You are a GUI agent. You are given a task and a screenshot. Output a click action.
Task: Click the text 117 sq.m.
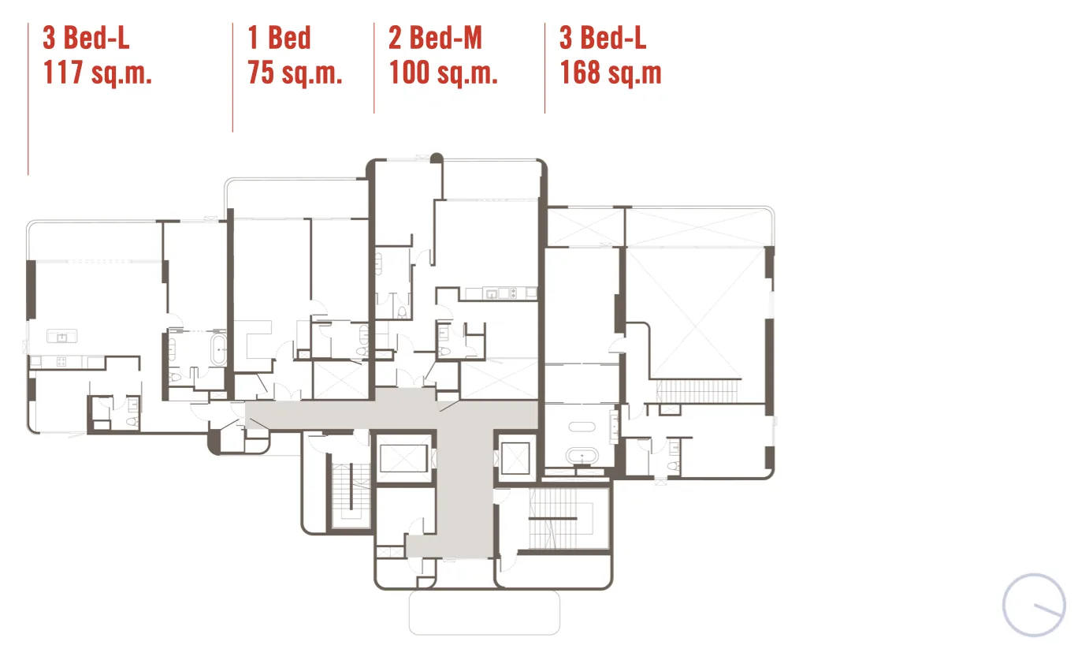coord(97,73)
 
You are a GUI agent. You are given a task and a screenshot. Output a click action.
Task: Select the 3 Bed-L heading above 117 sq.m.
coord(86,37)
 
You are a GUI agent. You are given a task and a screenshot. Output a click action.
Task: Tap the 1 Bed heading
coord(279,37)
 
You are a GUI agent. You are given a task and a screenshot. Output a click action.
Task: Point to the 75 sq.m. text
coord(295,73)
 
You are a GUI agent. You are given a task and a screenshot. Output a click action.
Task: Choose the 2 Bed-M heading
coord(435,37)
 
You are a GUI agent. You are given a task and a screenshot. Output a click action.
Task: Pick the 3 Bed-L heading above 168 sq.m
coord(603,37)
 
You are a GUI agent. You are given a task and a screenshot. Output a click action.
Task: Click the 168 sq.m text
coord(611,73)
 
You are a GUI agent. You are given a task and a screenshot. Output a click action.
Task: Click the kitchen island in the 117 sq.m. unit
coord(61,336)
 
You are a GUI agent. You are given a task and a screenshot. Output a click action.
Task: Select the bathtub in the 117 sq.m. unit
coord(219,349)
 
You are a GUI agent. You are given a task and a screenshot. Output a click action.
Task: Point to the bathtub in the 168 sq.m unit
coord(582,457)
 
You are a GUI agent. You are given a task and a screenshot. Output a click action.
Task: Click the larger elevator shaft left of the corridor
coord(403,458)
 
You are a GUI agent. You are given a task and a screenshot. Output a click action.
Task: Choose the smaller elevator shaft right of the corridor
coord(515,458)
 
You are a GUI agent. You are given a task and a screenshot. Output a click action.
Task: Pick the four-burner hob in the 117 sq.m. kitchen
coord(61,361)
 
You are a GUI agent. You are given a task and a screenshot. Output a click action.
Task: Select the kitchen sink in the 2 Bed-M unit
coord(492,293)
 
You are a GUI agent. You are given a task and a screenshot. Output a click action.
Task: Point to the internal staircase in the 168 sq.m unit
coord(697,391)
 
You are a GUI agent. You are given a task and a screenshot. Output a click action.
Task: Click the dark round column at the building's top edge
coord(437,158)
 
